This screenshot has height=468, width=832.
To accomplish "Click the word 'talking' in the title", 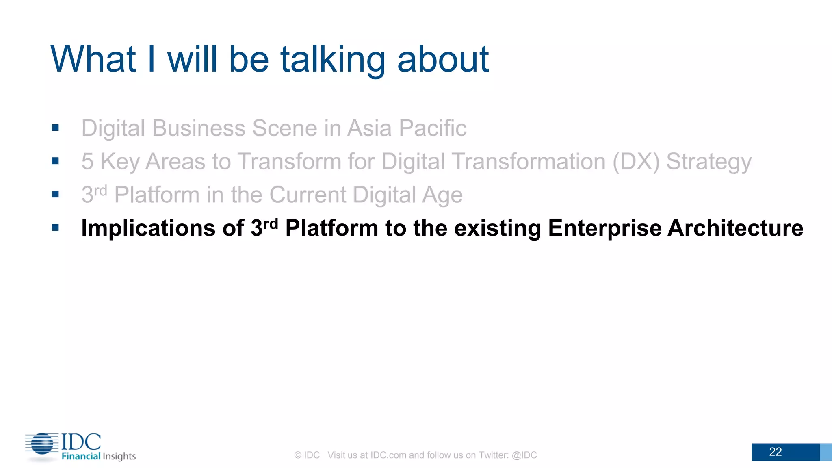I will (332, 60).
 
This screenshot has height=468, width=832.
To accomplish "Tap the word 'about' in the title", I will (443, 60).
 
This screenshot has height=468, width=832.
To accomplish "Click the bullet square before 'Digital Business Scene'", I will (56, 128).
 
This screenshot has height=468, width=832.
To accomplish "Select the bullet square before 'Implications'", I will (56, 227).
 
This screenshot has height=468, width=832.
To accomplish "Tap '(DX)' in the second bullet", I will (636, 162).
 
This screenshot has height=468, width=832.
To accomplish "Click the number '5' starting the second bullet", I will (87, 162).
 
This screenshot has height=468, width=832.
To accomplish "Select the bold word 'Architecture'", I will (735, 228).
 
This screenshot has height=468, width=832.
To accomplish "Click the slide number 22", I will (775, 452).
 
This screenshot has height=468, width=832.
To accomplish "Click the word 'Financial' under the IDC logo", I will (81, 456).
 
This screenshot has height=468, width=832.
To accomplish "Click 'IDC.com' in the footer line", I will (388, 455).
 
